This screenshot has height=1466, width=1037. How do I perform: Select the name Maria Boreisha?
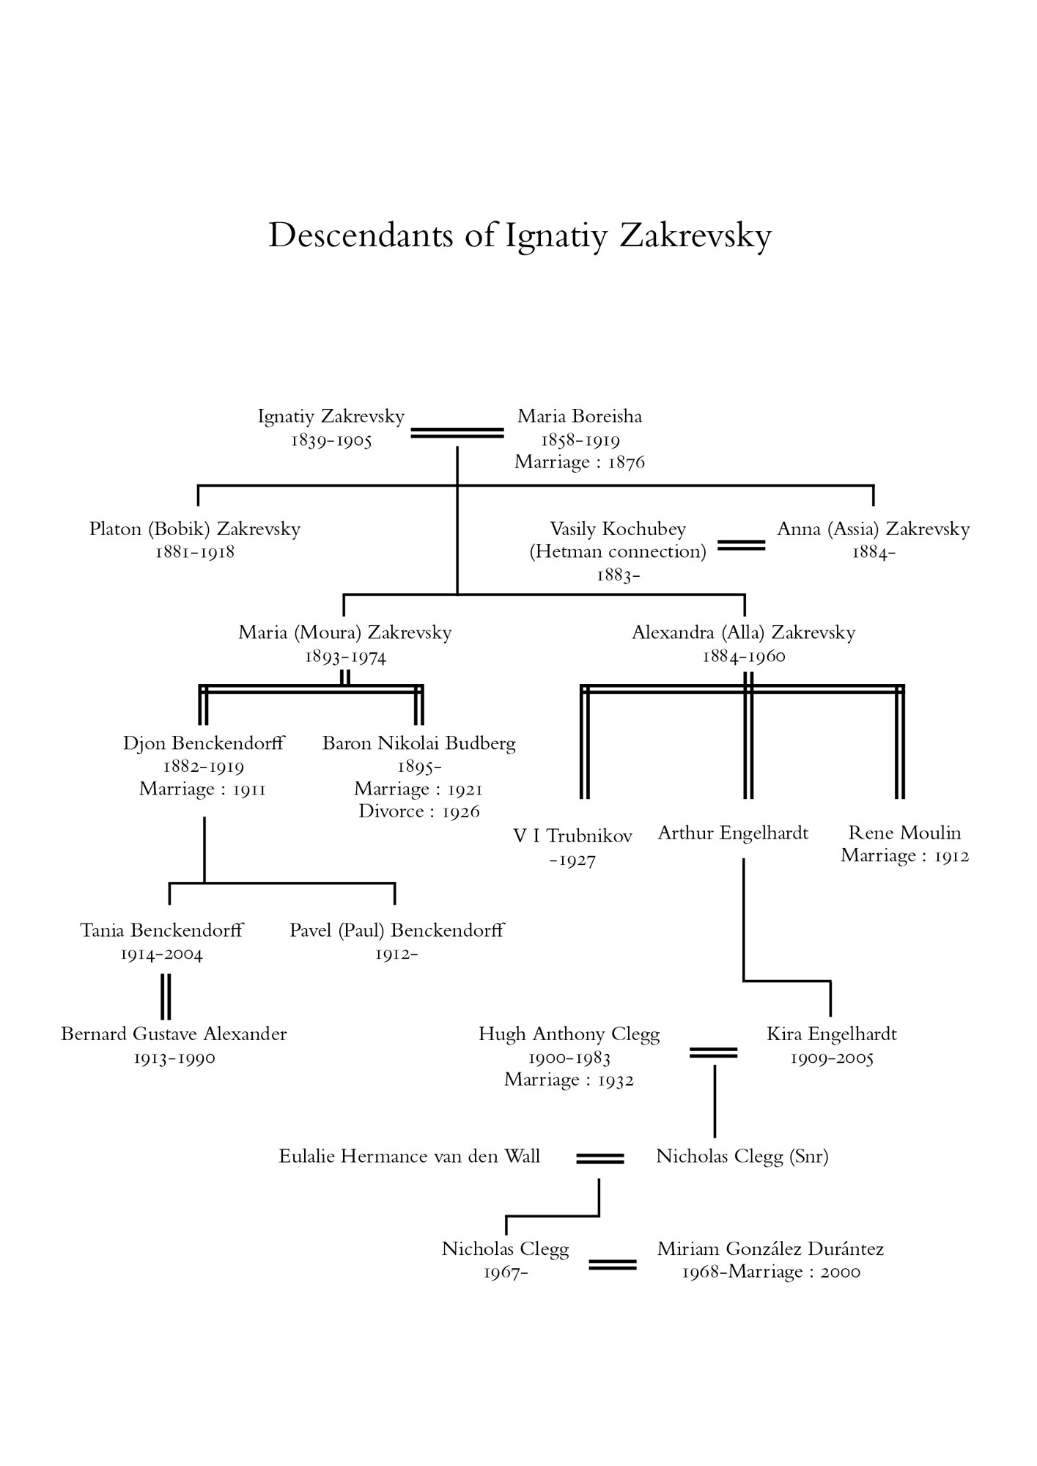[580, 416]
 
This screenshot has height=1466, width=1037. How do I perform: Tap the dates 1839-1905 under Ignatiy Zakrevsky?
[331, 440]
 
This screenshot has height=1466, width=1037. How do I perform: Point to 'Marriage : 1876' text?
[580, 462]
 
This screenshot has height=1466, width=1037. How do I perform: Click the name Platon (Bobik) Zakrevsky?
[195, 529]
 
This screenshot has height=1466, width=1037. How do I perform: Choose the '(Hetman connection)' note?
[618, 552]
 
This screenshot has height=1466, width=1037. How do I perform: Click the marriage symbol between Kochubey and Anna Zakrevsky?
[741, 545]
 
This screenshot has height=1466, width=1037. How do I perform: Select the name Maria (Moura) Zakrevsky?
[345, 633]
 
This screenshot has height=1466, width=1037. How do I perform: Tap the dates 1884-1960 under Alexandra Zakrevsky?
[744, 656]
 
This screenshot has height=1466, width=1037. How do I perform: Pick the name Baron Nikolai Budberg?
[419, 743]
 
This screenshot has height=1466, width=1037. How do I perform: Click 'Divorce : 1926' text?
[419, 811]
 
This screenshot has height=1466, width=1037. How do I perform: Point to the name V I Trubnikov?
[572, 836]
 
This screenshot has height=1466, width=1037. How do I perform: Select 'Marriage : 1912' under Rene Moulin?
[905, 855]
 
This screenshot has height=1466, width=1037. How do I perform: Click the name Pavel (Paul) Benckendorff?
[397, 931]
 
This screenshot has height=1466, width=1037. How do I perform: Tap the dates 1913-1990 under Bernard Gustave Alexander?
[174, 1058]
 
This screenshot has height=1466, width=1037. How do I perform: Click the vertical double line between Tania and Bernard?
[166, 997]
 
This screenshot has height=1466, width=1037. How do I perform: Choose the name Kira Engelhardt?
[832, 1034]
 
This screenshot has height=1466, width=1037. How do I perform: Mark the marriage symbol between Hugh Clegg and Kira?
[713, 1053]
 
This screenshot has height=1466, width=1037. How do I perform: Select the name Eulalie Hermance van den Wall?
[410, 1157]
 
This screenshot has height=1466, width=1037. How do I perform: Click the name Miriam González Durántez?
[771, 1249]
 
